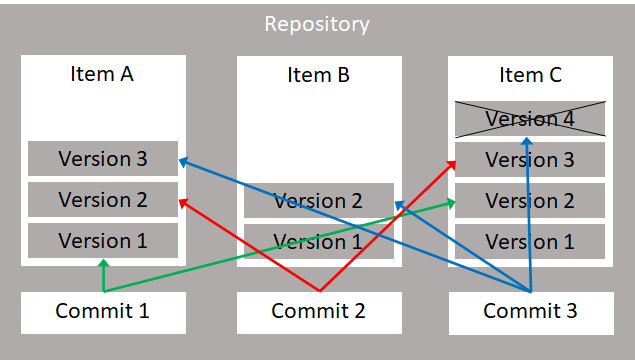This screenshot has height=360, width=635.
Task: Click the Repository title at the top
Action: click(x=317, y=24)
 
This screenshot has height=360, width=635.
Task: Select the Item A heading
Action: click(x=102, y=74)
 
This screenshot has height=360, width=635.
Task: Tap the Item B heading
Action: click(x=318, y=74)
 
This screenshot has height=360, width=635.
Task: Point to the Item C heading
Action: click(x=530, y=74)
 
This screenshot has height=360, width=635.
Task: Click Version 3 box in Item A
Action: click(x=102, y=159)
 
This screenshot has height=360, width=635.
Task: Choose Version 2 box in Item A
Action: click(x=102, y=200)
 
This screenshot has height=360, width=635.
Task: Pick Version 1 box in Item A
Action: click(x=102, y=241)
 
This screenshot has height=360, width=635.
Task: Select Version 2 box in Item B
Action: click(x=318, y=200)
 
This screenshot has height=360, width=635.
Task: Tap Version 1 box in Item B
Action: click(x=318, y=241)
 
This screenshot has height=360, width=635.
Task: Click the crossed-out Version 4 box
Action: click(x=530, y=119)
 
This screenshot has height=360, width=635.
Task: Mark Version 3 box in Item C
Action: click(x=530, y=159)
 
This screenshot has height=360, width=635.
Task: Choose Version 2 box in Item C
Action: click(x=530, y=200)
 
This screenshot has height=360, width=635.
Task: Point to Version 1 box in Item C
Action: click(x=530, y=241)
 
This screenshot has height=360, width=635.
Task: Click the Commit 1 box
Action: click(x=102, y=311)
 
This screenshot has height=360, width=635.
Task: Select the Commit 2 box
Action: click(x=318, y=311)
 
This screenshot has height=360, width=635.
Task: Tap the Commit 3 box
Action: click(x=530, y=311)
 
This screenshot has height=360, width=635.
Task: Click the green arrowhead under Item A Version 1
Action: click(x=103, y=264)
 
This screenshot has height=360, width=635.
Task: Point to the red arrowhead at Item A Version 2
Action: click(x=183, y=201)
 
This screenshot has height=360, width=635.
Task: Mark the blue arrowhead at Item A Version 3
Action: click(x=183, y=160)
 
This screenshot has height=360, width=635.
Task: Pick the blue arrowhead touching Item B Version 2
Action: click(x=397, y=205)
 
